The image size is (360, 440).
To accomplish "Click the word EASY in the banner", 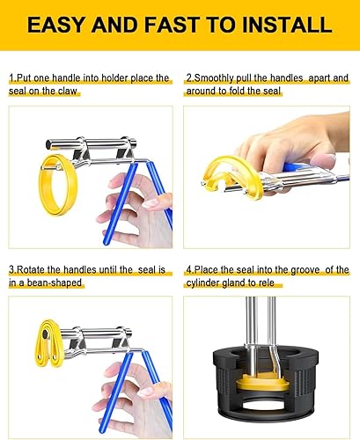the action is point(55,25).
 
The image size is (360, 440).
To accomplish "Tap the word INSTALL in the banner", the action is point(287,25).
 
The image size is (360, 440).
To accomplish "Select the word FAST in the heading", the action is point(173,25).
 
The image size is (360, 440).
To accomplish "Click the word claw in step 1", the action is point(68,91).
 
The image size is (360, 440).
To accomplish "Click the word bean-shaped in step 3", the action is point(55,282).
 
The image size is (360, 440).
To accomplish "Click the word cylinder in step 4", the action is point(202,282).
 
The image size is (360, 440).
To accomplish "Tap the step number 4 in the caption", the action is point(189,270).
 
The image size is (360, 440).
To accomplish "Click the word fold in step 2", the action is point(238,91).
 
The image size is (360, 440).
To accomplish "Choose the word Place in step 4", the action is point(206,270).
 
